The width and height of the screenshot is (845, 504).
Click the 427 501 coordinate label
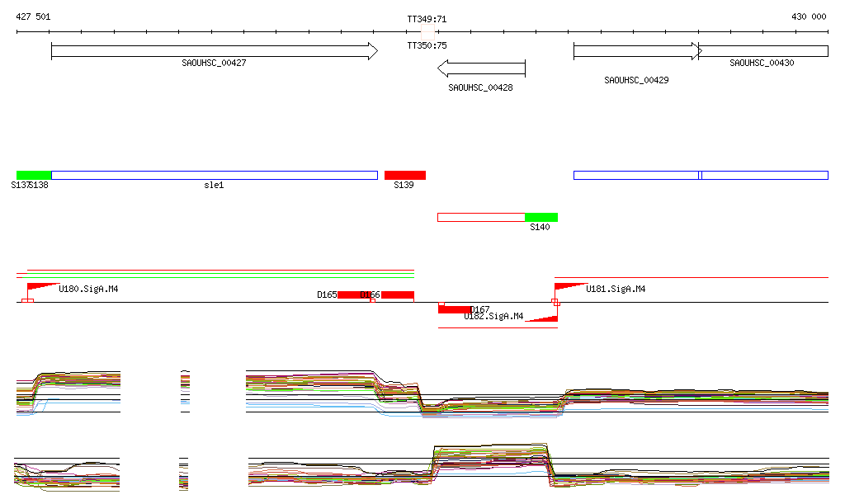33,16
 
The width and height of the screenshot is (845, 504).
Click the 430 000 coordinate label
809,16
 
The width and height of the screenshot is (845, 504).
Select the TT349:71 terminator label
427,19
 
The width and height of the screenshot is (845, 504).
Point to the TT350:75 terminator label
427,46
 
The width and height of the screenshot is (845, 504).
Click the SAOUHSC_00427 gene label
214,63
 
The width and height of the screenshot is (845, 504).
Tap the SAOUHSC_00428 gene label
480,87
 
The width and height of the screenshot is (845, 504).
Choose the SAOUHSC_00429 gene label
636,80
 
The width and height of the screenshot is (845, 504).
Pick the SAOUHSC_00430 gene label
762,63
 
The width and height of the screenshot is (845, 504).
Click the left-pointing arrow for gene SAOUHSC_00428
481,68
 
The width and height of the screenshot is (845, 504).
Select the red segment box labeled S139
405,175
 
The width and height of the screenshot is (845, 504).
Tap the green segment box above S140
541,217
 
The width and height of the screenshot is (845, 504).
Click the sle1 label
214,186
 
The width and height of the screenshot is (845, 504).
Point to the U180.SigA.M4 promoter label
88,290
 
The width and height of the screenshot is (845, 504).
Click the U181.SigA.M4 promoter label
616,290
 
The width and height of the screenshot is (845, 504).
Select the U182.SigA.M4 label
493,317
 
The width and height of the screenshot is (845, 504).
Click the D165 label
327,294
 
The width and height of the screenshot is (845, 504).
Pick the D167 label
480,309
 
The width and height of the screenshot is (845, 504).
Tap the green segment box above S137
34,175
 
